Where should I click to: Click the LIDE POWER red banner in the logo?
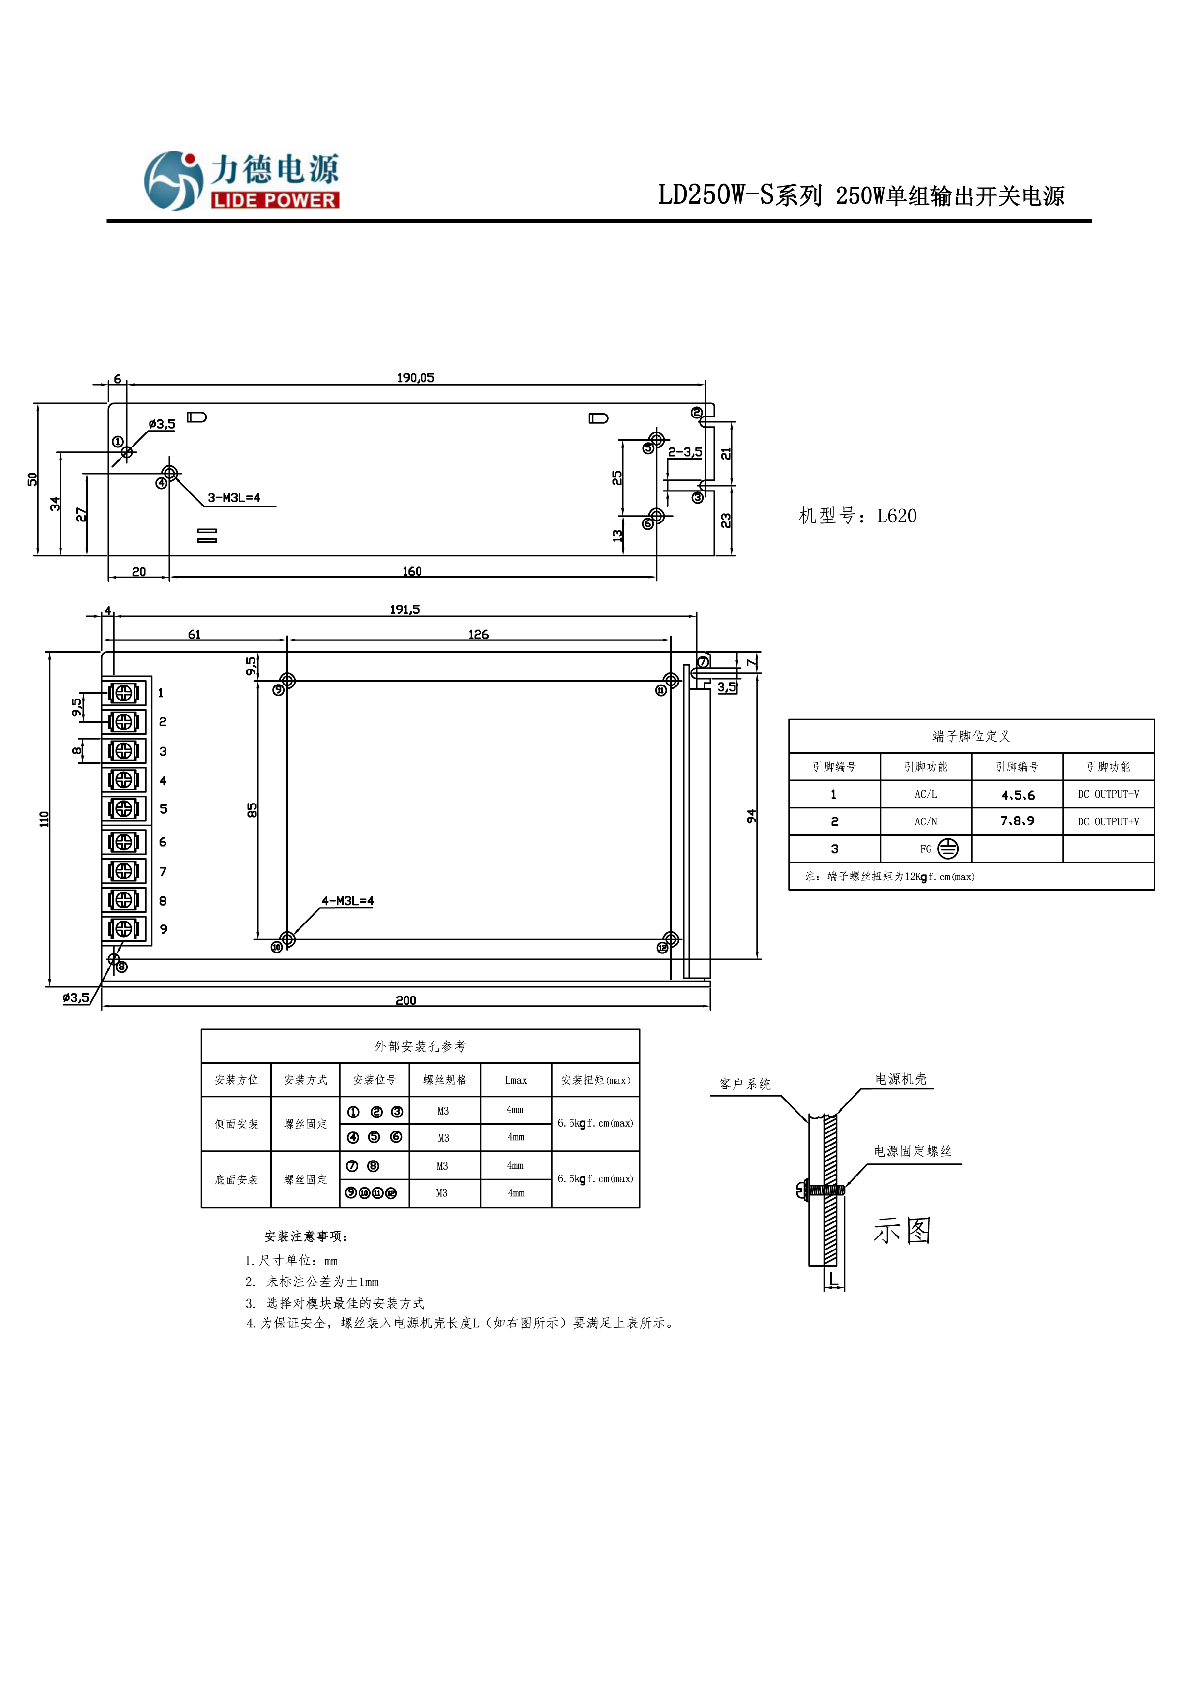[x=274, y=200]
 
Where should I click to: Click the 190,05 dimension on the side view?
[x=416, y=378]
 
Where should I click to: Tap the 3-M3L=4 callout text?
[x=234, y=497]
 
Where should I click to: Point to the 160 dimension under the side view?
[x=412, y=571]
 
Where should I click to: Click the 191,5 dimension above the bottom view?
[x=405, y=610]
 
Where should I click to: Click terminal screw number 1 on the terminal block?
[x=123, y=693]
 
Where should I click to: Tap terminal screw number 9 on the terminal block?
[x=123, y=928]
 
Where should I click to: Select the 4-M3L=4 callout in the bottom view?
[x=347, y=901]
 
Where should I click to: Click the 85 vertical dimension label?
[x=252, y=810]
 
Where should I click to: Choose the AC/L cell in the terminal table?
[x=926, y=794]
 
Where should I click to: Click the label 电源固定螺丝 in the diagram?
[x=913, y=1151]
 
